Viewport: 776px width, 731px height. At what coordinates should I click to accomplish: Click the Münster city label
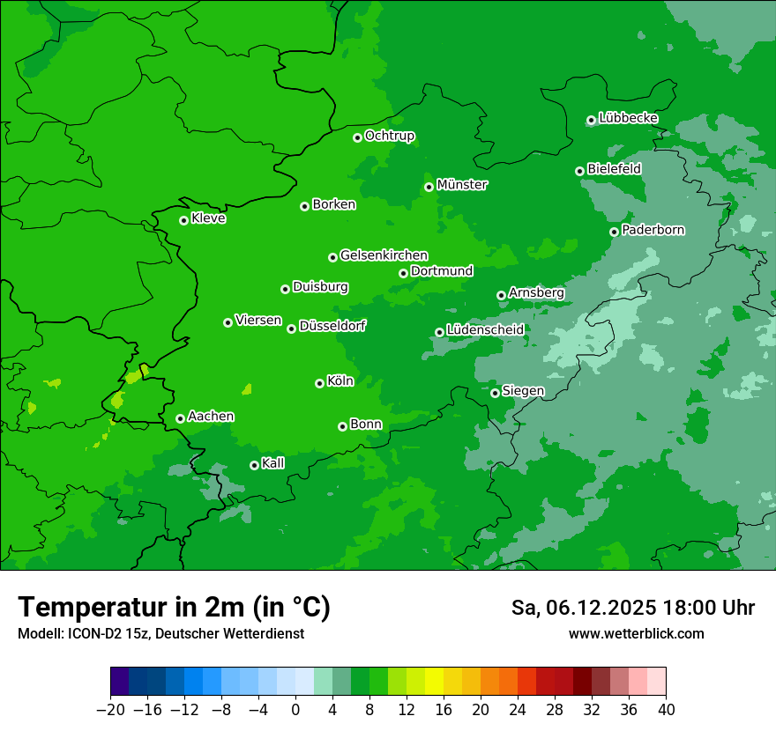pos(462,185)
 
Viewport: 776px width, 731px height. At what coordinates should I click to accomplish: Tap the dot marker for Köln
pos(319,383)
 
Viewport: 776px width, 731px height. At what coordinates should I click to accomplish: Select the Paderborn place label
pos(653,230)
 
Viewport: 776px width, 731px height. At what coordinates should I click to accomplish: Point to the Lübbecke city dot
pos(591,120)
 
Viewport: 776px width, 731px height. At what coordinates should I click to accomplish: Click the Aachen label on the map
pos(211,417)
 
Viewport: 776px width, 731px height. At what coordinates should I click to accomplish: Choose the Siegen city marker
pos(495,393)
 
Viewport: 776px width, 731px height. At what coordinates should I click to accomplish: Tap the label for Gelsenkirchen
pos(384,255)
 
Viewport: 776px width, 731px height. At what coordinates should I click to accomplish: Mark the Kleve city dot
pos(183,220)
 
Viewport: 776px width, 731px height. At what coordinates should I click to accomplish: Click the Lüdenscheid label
pos(485,330)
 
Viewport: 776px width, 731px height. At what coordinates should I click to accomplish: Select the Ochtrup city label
pos(390,136)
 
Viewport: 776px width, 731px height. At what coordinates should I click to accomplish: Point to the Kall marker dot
pos(254,465)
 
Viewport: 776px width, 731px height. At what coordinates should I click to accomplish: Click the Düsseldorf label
pos(332,326)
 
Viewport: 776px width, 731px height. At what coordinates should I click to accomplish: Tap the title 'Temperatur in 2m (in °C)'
pos(174,608)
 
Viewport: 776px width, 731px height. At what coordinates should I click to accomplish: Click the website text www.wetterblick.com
pos(636,633)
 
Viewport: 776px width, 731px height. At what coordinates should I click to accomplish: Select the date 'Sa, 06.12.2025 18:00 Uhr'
pos(632,608)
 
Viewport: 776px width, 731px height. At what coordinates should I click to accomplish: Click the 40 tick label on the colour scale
pos(666,710)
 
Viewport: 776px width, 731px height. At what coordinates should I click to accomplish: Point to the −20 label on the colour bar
pos(110,710)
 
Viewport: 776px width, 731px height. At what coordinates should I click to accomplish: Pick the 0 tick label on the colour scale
pos(295,710)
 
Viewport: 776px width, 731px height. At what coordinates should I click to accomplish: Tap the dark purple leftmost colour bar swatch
pos(119,682)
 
